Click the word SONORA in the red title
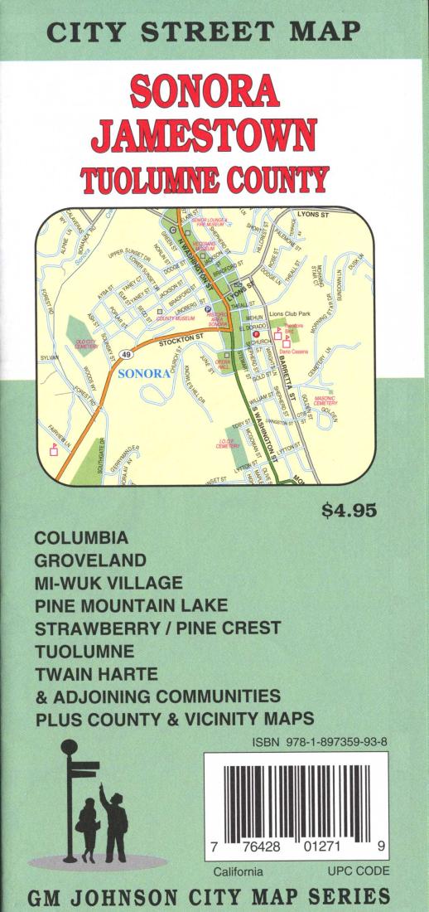[x=214, y=93]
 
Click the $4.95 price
[x=349, y=510]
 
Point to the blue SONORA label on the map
[x=144, y=374]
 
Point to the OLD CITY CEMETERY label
[x=87, y=343]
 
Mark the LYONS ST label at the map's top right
[x=312, y=215]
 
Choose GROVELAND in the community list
[x=90, y=560]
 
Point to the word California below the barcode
[x=238, y=872]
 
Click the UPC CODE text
[x=358, y=871]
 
